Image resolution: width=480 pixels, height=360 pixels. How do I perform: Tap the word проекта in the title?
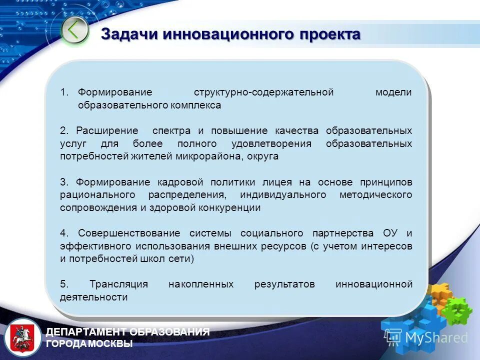coord(330,34)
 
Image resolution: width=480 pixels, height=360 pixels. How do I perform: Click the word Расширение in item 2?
coord(107,131)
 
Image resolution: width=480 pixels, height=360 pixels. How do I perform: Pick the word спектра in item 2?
coord(171,131)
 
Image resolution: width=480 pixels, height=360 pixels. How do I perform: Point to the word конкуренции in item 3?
coord(228,207)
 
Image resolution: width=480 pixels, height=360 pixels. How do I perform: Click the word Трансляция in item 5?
coord(118,284)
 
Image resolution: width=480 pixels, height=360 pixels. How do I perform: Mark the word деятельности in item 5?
coord(93,297)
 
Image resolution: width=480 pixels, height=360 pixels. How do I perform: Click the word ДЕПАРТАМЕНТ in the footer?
coord(87,332)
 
